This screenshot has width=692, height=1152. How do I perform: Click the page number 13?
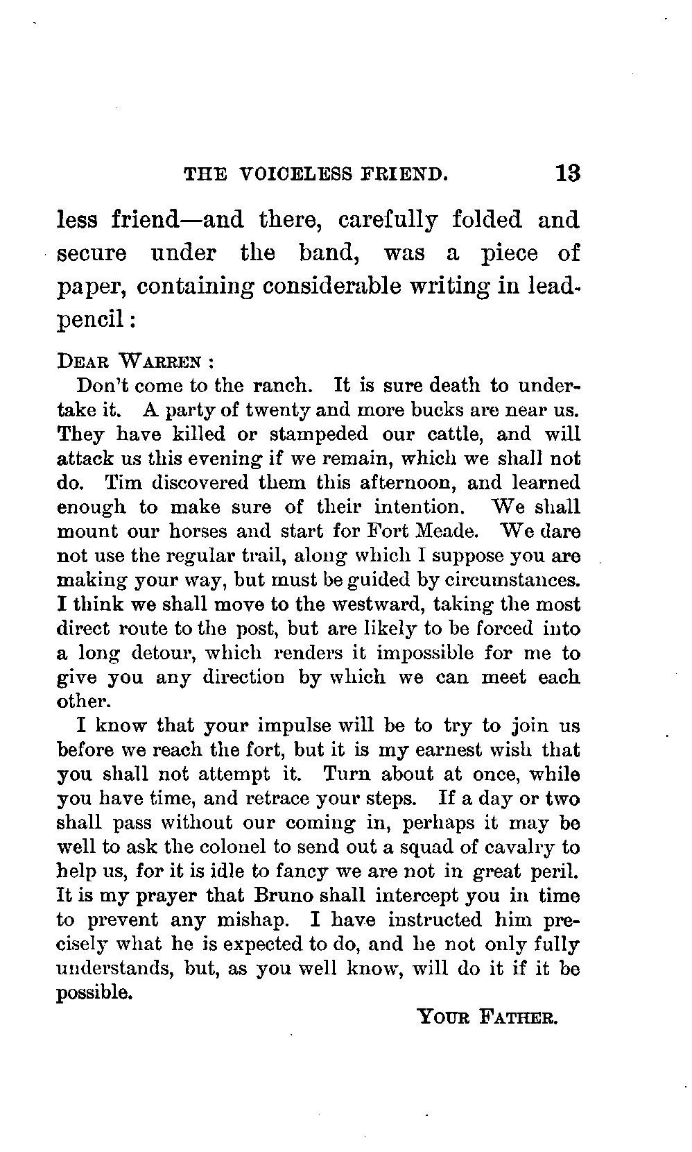point(567,173)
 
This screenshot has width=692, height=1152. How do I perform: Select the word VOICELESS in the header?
point(290,173)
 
